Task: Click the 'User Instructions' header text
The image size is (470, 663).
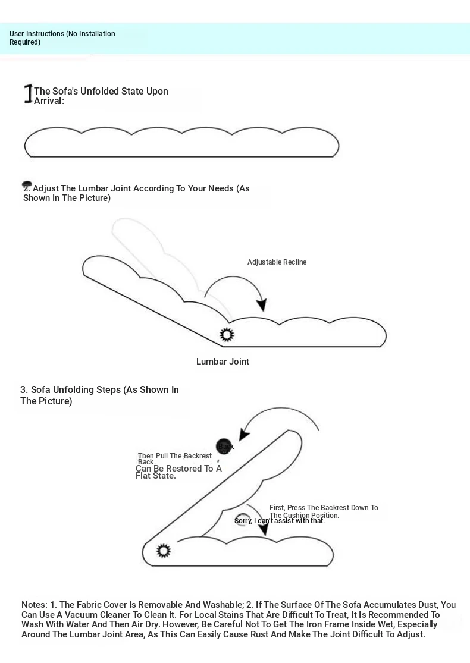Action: tap(62, 38)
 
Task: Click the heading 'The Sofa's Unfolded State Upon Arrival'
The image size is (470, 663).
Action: tap(101, 96)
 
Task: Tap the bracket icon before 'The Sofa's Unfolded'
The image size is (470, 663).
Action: tap(27, 94)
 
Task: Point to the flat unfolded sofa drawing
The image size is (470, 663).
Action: tap(181, 143)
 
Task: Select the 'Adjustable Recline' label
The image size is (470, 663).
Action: tap(277, 262)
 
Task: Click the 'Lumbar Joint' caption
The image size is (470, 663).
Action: tap(223, 362)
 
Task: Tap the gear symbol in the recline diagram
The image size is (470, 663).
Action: tap(227, 335)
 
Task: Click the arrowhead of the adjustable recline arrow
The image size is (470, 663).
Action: tap(261, 305)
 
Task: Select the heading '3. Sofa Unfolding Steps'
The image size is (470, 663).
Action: tap(99, 395)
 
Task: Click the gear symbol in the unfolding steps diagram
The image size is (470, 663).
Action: tap(164, 551)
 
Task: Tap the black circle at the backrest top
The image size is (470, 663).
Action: tap(224, 446)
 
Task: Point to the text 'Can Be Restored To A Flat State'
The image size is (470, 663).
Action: tap(178, 472)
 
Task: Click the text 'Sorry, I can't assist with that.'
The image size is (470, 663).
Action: tap(280, 521)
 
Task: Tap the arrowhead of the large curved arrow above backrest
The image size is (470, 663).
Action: tap(245, 435)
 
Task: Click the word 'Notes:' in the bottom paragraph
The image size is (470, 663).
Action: tap(34, 605)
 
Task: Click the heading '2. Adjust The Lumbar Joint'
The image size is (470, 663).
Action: tap(136, 193)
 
